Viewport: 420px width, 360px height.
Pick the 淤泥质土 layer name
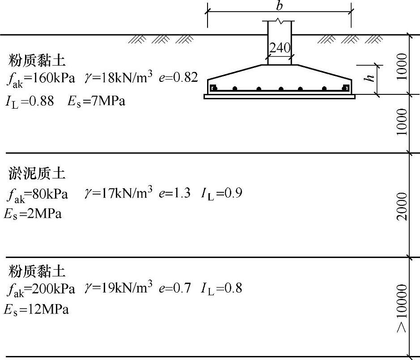[x=37, y=174]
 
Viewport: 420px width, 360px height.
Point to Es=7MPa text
[x=97, y=102]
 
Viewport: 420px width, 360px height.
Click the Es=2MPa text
[x=33, y=214]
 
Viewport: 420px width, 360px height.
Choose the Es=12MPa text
[x=36, y=309]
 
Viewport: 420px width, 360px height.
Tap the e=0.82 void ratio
[x=178, y=77]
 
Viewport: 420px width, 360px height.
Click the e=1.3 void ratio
[x=174, y=194]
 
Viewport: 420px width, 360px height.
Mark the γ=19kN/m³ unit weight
[x=119, y=288]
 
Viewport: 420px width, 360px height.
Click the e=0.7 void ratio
[x=175, y=288]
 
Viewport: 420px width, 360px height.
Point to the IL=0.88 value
[x=30, y=102]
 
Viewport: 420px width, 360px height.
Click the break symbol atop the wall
[x=280, y=21]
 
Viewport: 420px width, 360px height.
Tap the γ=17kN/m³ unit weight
[x=119, y=193]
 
